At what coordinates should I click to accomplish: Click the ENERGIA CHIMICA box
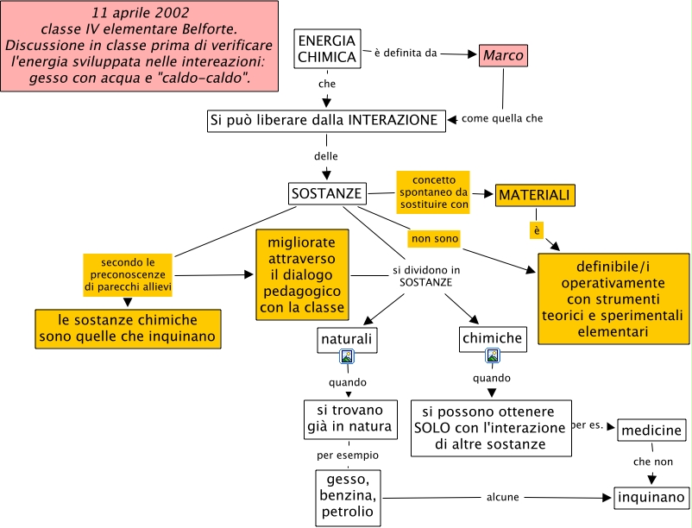click(x=326, y=49)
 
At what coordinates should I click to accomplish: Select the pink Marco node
click(x=502, y=56)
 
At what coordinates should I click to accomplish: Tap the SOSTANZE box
click(x=326, y=194)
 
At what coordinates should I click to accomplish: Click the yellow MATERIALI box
click(x=535, y=196)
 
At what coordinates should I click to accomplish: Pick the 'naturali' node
click(x=346, y=339)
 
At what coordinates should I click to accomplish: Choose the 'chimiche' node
click(x=491, y=339)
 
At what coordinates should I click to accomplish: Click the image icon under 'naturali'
click(x=347, y=355)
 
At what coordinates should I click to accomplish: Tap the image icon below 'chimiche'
click(x=492, y=355)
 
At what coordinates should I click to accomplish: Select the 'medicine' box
click(x=651, y=430)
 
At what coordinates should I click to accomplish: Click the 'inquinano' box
click(x=651, y=497)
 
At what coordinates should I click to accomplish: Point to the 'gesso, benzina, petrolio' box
click(x=348, y=497)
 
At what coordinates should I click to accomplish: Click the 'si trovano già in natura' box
click(x=349, y=418)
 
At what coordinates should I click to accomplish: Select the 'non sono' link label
click(x=434, y=237)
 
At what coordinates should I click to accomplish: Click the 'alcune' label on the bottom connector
click(x=502, y=497)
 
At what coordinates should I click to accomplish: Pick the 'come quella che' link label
click(x=502, y=118)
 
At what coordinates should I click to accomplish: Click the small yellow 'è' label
click(x=536, y=230)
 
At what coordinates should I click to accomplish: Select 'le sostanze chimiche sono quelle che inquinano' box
click(x=128, y=329)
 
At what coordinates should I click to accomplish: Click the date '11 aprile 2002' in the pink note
click(x=141, y=15)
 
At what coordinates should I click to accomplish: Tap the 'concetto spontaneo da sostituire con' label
click(x=433, y=192)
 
